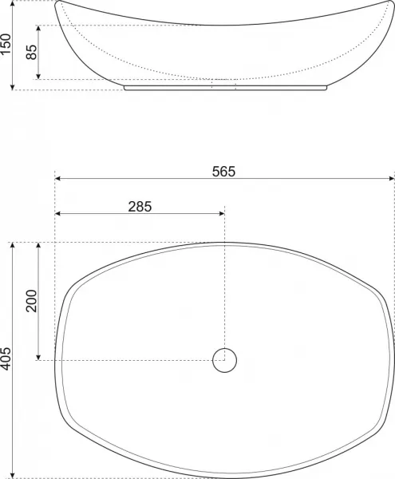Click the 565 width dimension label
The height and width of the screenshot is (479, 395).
pyautogui.click(x=223, y=172)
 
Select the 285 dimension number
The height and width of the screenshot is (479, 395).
pyautogui.click(x=140, y=207)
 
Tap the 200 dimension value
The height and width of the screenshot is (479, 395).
pyautogui.click(x=31, y=301)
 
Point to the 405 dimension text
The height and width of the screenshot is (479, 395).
pyautogui.click(x=6, y=358)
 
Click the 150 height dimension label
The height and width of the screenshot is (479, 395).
pyautogui.click(x=6, y=44)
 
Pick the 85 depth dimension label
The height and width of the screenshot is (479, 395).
pyautogui.click(x=31, y=52)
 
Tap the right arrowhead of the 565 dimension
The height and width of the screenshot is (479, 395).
pyautogui.click(x=393, y=178)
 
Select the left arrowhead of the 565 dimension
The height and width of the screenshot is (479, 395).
pyautogui.click(x=57, y=178)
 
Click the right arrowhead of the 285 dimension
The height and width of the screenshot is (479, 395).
pyautogui.click(x=222, y=213)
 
